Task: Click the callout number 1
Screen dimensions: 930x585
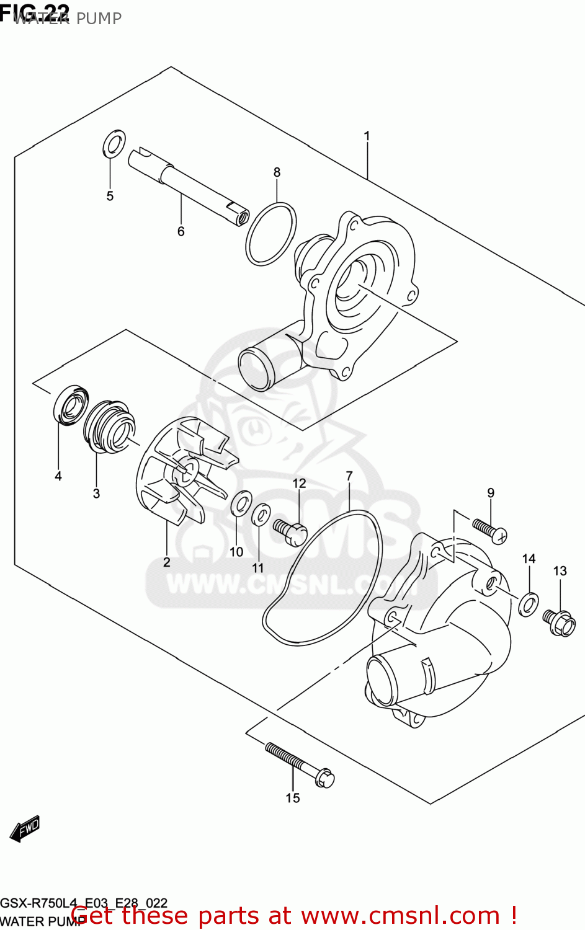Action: [367, 136]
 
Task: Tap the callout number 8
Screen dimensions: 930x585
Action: [277, 172]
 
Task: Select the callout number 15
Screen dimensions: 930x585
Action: [293, 798]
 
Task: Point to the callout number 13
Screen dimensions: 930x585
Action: [560, 570]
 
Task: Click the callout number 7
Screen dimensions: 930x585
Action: [349, 476]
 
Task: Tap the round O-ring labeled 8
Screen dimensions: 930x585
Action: [270, 233]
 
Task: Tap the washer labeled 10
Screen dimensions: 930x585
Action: [240, 503]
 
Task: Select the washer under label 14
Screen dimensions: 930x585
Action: [528, 603]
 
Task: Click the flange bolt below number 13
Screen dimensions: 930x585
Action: [559, 623]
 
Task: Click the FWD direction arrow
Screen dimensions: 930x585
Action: [25, 828]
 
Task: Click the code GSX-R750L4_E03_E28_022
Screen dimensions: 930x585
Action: [84, 903]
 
